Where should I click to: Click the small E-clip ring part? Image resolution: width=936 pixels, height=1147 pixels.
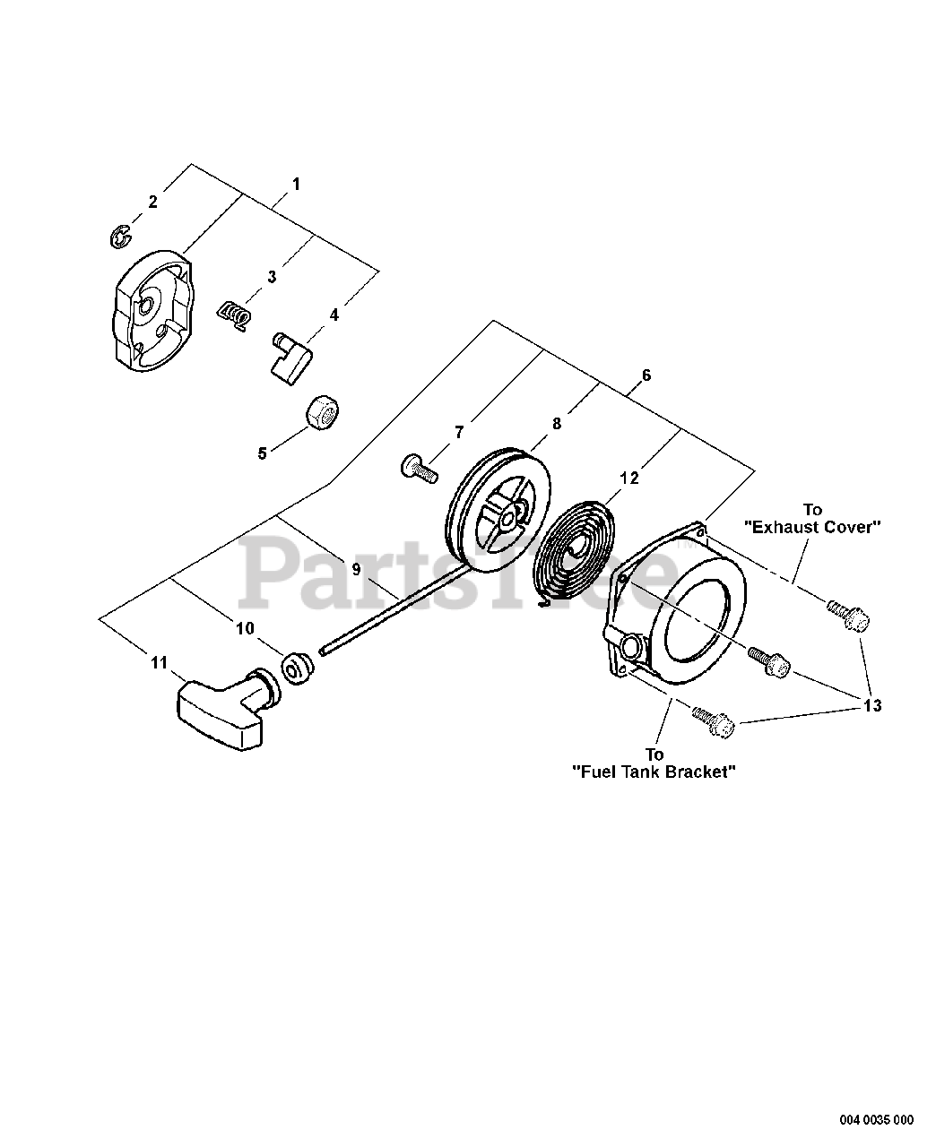(x=117, y=237)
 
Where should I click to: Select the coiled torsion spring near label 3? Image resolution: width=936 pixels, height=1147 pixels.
(x=235, y=315)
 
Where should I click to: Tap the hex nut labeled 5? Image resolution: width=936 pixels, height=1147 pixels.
(x=321, y=413)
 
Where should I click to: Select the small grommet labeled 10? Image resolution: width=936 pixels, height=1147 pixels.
(x=297, y=668)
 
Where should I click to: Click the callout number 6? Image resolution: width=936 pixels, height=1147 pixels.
(x=646, y=375)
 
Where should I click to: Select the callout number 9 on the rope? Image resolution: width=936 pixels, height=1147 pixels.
(x=356, y=569)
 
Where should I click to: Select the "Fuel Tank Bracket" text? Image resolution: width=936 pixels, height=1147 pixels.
(x=654, y=772)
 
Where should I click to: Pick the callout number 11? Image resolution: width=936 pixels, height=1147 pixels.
(x=159, y=663)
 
